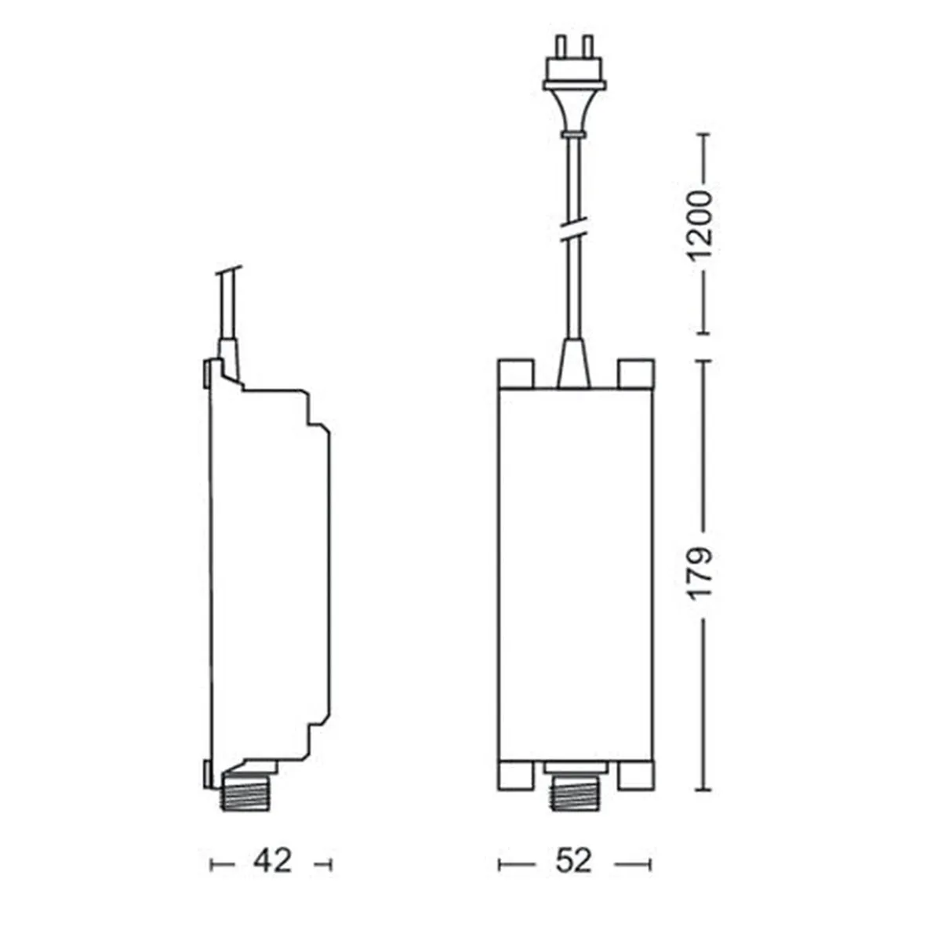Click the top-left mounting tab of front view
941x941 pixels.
point(515,374)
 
